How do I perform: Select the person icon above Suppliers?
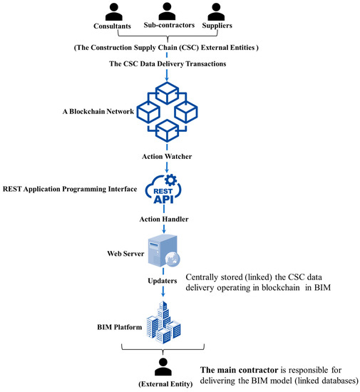pos(220,12)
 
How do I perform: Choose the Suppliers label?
pos(220,28)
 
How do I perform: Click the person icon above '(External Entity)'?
pos(165,368)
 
